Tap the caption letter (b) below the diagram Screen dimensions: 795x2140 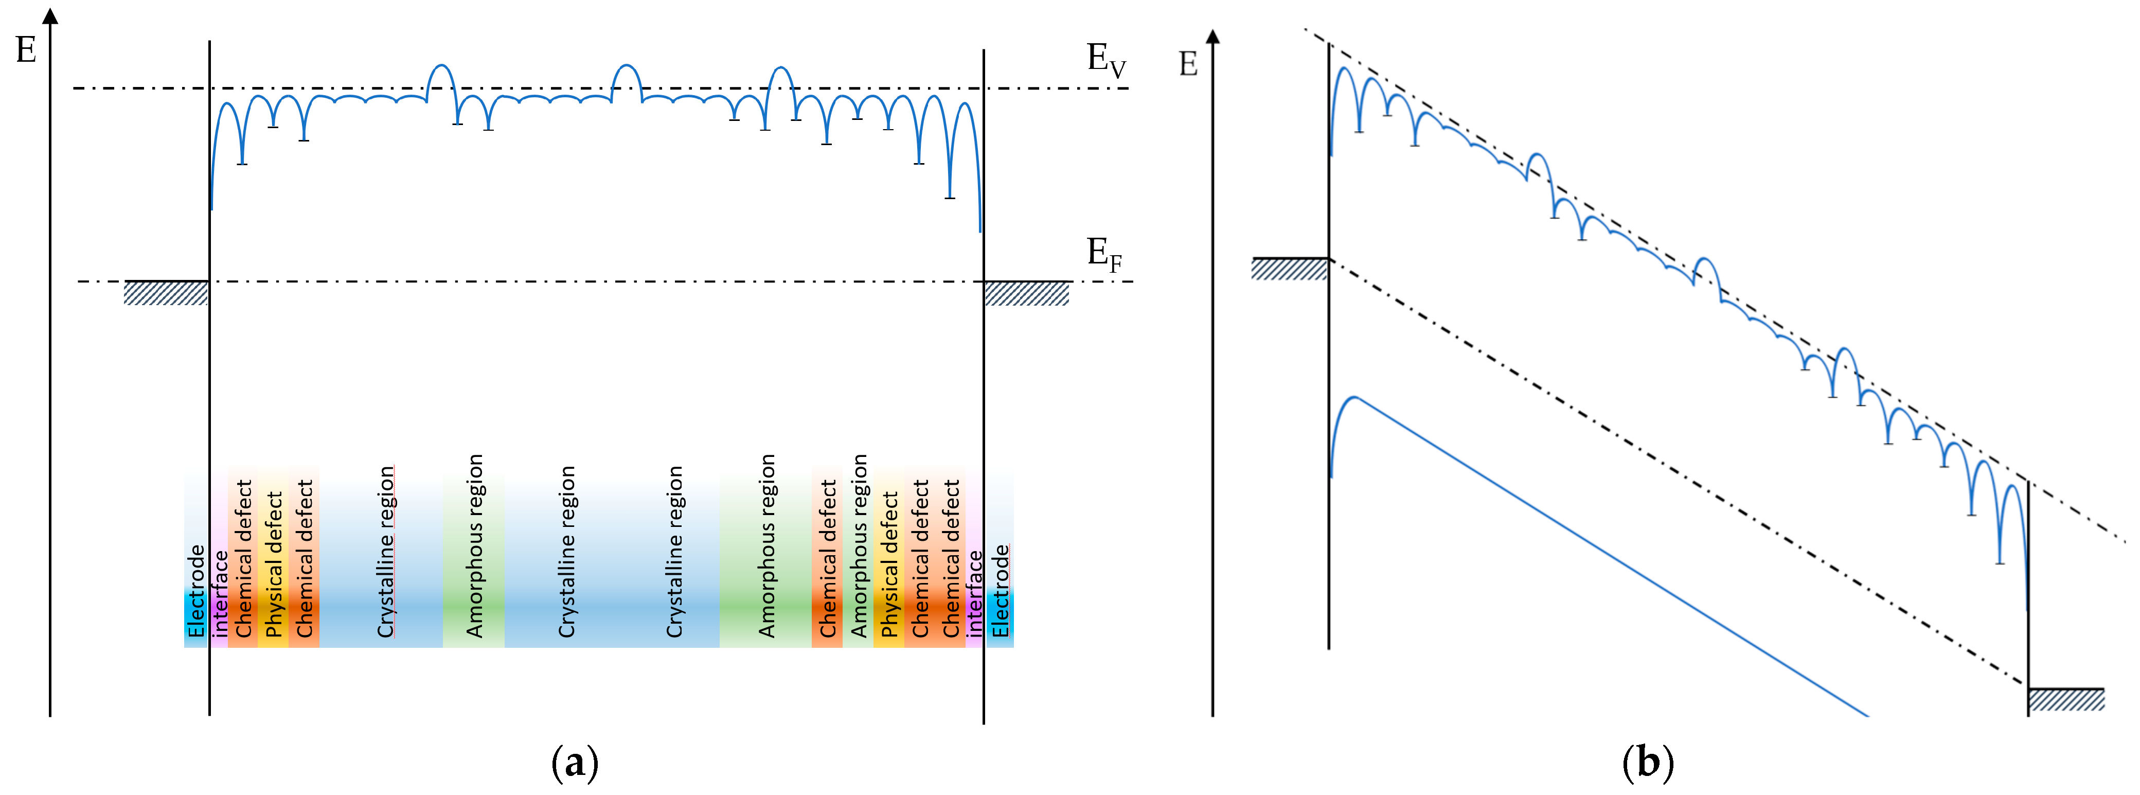pyautogui.click(x=1647, y=761)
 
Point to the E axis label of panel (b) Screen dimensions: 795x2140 pyautogui.click(x=1188, y=64)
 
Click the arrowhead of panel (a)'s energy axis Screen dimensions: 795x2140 pyautogui.click(x=51, y=16)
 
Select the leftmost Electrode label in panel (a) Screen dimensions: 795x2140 pyautogui.click(x=196, y=591)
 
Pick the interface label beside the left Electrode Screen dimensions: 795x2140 pyautogui.click(x=219, y=594)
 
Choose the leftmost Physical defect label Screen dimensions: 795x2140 pyautogui.click(x=273, y=565)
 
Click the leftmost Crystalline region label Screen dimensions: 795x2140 pyautogui.click(x=385, y=553)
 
